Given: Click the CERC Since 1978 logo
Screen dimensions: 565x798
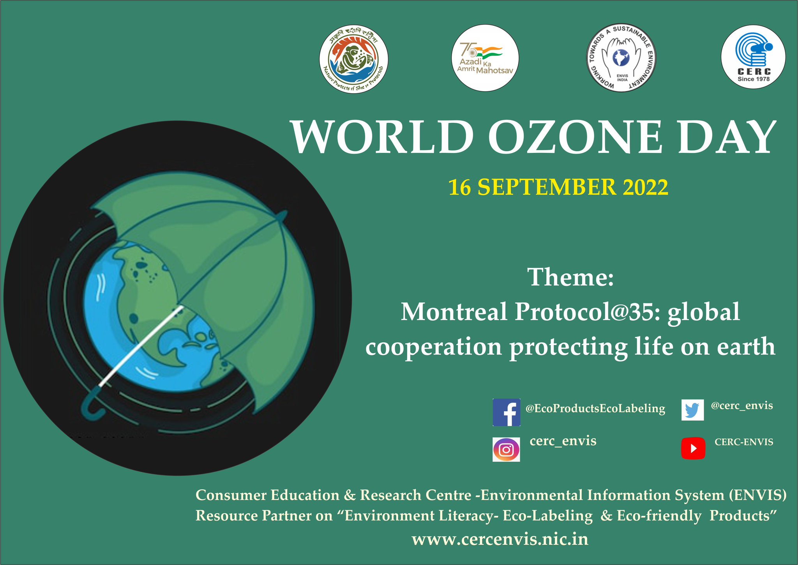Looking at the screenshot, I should click(x=753, y=57).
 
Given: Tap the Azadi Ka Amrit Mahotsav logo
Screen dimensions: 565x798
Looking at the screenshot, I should click(x=485, y=58).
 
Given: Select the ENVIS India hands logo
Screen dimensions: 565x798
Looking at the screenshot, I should click(x=621, y=58).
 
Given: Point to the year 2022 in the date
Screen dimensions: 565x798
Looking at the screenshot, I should click(x=645, y=187).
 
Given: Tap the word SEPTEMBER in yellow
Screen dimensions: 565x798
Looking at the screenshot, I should click(x=547, y=187).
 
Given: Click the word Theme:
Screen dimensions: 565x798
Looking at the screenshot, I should click(x=570, y=277).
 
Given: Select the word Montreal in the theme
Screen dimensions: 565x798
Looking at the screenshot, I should click(x=454, y=312).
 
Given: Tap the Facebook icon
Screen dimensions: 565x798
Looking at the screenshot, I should click(x=506, y=412).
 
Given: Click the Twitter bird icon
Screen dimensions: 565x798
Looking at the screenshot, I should click(x=692, y=410).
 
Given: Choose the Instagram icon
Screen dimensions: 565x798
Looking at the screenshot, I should click(x=506, y=450).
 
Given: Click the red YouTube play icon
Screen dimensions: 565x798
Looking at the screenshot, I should click(x=693, y=448).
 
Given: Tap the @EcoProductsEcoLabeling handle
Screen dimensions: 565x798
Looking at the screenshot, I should click(x=595, y=409).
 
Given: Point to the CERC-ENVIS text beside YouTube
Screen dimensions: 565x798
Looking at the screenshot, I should click(x=743, y=442).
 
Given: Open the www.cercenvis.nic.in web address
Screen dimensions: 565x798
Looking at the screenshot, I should click(x=500, y=540).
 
